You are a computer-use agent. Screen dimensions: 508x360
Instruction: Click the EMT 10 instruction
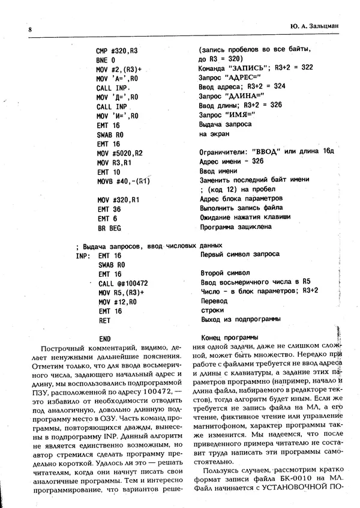pyautogui.click(x=108, y=172)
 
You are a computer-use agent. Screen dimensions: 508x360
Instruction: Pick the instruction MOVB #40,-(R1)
pyautogui.click(x=122, y=181)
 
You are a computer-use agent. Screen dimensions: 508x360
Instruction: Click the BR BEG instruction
pyautogui.click(x=109, y=228)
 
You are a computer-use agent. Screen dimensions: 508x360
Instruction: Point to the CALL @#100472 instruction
pyautogui.click(x=123, y=283)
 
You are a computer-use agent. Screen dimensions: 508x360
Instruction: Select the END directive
pyautogui.click(x=104, y=339)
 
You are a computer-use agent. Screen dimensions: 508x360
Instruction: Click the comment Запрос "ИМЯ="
pyautogui.click(x=223, y=115)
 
